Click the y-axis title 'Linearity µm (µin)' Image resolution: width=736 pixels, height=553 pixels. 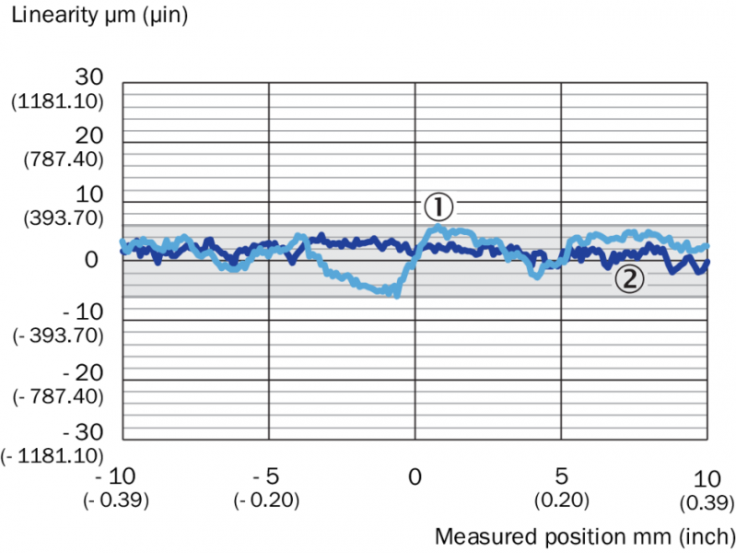pos(99,17)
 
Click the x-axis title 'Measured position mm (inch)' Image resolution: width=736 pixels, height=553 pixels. pos(584,535)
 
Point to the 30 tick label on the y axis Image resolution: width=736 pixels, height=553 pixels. pos(91,76)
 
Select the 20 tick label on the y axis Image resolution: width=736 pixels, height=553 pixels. pos(91,135)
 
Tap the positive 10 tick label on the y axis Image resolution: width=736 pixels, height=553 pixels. pos(91,195)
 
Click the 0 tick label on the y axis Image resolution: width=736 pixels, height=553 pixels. pos(91,260)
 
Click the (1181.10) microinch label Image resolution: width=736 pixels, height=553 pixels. pos(56,100)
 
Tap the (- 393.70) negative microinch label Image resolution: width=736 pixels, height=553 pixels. pos(56,337)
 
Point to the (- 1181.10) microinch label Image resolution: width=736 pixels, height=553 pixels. pos(53,455)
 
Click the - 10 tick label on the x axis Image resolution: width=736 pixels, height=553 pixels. pos(122,478)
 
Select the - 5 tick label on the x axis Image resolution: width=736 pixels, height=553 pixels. pos(267,478)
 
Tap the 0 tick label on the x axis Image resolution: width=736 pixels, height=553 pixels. pos(415,478)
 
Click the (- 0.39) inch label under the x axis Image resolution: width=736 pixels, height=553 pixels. pos(122,500)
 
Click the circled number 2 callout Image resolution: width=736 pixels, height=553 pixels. pos(629,279)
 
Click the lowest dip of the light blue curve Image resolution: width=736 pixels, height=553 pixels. pos(396,294)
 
